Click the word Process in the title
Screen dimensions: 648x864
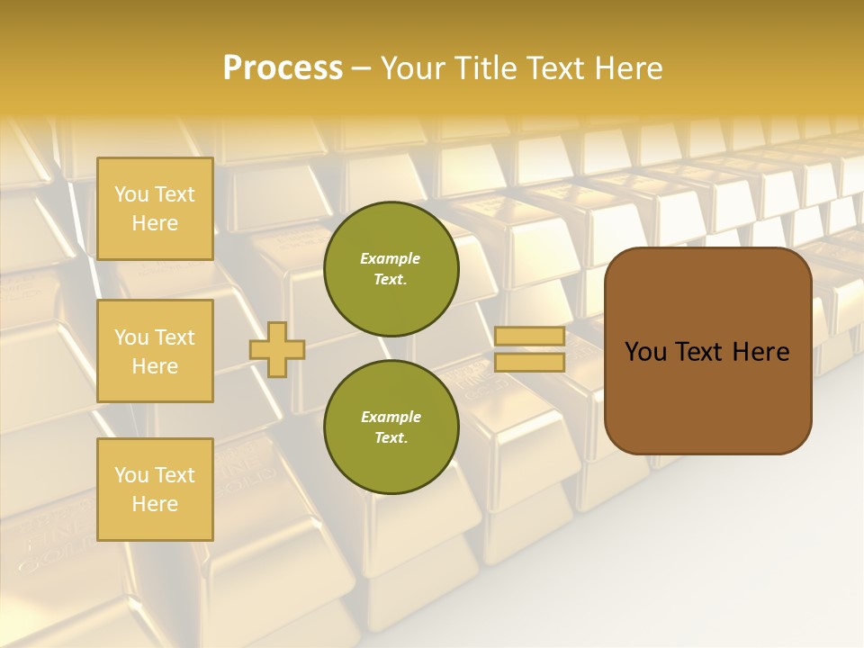click(283, 68)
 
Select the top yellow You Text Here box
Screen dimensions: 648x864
click(155, 209)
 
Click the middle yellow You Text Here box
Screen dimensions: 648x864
click(155, 351)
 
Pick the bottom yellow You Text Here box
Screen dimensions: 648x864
click(155, 489)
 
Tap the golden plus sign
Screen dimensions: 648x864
click(277, 349)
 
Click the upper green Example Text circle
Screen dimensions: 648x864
click(391, 269)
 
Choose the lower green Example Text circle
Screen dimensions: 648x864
click(391, 427)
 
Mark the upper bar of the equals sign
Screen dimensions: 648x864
click(529, 336)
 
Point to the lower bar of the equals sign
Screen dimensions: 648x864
click(529, 362)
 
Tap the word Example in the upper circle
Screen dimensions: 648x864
click(391, 258)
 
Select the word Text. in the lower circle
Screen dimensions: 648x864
click(391, 437)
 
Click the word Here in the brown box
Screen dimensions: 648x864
click(760, 352)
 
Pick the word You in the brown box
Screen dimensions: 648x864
click(646, 352)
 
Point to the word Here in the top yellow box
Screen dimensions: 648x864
click(155, 223)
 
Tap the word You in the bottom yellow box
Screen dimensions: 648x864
click(131, 474)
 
